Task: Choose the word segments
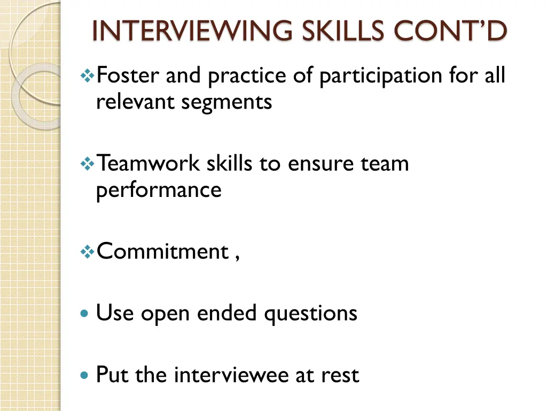(x=226, y=102)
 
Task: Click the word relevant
(x=136, y=102)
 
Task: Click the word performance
(x=159, y=190)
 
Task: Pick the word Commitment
(x=162, y=251)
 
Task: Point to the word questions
(x=310, y=314)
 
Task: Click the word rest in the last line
(x=340, y=375)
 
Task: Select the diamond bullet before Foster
(x=86, y=77)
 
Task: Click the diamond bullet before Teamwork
(x=86, y=164)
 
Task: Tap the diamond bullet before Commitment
(x=86, y=252)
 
